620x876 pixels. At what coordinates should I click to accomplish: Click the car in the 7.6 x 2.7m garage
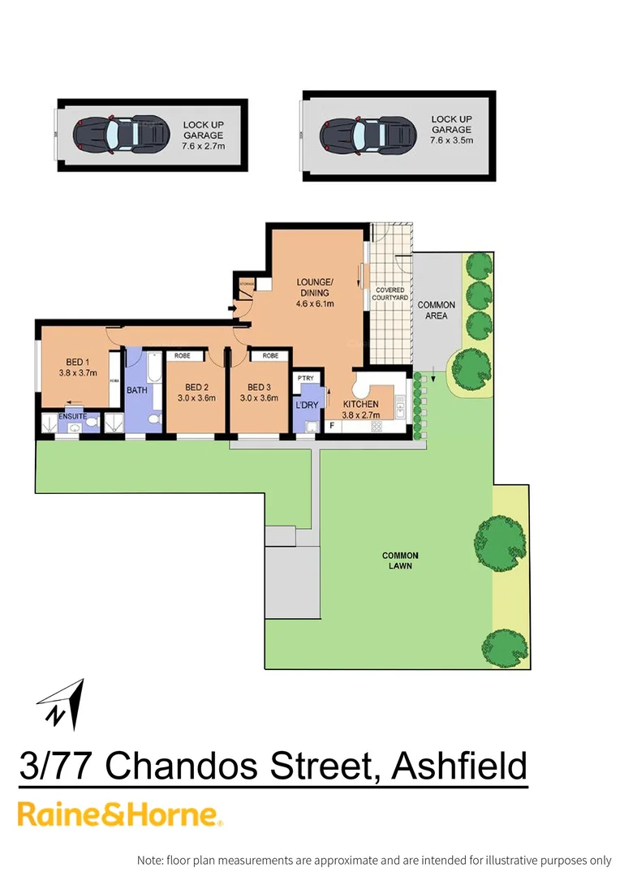[118, 133]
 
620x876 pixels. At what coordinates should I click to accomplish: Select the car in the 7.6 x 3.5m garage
[366, 133]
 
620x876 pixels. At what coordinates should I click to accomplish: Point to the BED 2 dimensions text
[197, 397]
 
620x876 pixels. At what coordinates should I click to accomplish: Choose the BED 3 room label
[260, 387]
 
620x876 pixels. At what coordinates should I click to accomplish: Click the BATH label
[137, 390]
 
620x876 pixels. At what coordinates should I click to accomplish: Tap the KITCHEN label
[361, 404]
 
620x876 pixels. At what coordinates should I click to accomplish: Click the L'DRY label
[305, 405]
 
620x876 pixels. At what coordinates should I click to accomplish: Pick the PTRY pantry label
[306, 379]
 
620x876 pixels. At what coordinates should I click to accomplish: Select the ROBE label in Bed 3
[270, 355]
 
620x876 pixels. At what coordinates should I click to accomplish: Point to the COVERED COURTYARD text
[390, 294]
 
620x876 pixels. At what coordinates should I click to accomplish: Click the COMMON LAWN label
[398, 560]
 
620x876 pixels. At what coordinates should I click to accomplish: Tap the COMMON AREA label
[437, 310]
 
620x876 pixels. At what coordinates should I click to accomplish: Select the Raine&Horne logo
[120, 814]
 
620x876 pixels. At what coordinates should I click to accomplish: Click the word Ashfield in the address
[459, 766]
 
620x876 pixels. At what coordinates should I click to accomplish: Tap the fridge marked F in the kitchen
[332, 426]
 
